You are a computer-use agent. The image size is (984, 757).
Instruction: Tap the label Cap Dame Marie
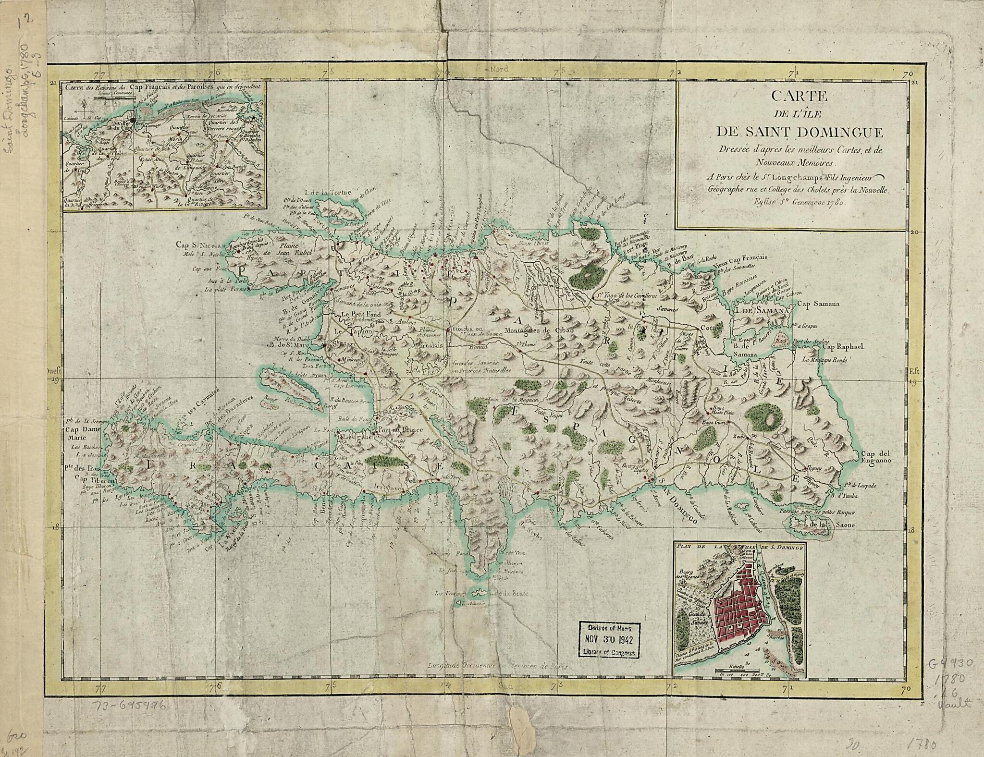click(x=78, y=431)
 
